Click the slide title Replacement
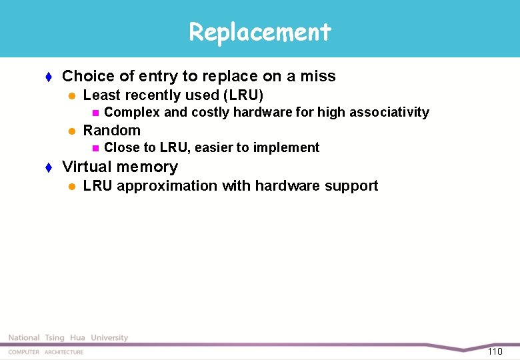pos(259,31)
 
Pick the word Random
pos(111,130)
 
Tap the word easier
pos(215,147)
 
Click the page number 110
pos(495,351)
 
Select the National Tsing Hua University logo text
pos(68,338)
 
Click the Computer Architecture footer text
pos(46,352)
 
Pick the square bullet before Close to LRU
pos(95,148)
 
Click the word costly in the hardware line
pos(210,112)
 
